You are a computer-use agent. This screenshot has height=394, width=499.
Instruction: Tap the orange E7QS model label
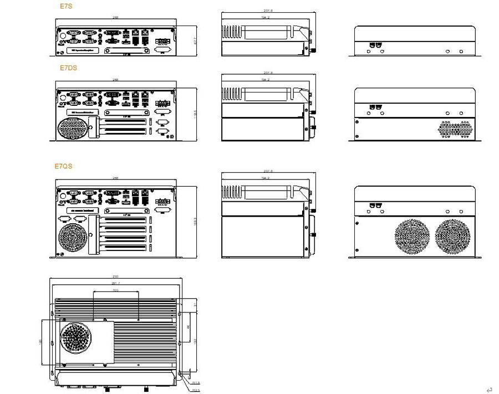tap(63, 166)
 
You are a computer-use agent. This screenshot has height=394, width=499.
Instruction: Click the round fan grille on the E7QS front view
tap(72, 237)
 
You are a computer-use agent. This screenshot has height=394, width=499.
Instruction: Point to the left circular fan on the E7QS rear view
tap(411, 237)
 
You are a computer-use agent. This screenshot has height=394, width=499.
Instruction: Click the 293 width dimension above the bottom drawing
tap(115, 277)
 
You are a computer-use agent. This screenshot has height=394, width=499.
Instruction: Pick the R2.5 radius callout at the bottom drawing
tap(196, 390)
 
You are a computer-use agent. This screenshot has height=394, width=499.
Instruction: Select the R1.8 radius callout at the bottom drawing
tap(196, 382)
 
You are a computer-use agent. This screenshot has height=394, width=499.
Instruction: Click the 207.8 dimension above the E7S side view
tap(266, 11)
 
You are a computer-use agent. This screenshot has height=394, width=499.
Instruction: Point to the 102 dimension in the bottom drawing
tap(115, 290)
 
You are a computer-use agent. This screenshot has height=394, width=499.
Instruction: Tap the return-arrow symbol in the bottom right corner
tap(489, 390)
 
